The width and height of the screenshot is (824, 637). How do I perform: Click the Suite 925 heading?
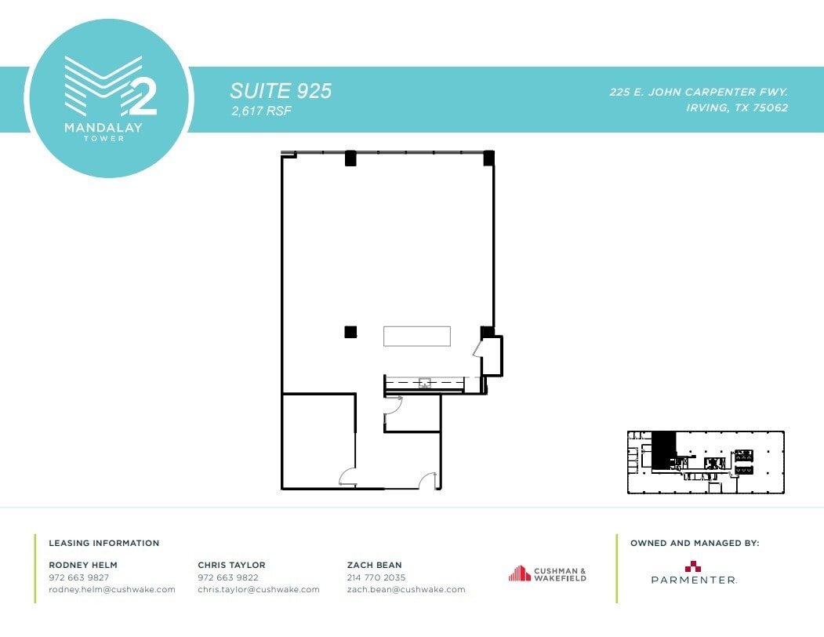click(281, 91)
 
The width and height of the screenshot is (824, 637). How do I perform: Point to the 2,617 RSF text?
click(261, 112)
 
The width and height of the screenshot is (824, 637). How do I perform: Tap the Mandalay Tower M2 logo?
click(110, 98)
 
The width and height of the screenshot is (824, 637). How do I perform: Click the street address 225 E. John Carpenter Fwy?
click(699, 92)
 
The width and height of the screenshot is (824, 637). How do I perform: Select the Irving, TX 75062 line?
click(736, 108)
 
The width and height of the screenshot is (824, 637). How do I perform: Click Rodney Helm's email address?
click(112, 590)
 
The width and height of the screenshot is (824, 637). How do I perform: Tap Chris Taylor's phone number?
click(228, 577)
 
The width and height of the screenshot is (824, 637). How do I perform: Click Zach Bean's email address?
click(406, 590)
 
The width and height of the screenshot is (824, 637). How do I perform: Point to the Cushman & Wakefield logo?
click(547, 574)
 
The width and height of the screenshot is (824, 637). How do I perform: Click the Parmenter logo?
click(694, 573)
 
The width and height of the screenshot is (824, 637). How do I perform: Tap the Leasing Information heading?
click(104, 543)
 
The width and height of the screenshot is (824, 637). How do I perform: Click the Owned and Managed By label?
click(695, 543)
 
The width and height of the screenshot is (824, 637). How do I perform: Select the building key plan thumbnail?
click(706, 462)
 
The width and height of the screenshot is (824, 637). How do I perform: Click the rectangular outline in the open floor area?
click(416, 336)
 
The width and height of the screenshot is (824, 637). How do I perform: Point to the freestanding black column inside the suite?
click(350, 332)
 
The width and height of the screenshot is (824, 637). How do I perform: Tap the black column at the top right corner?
click(488, 158)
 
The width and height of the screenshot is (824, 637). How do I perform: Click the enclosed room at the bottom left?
click(318, 441)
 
